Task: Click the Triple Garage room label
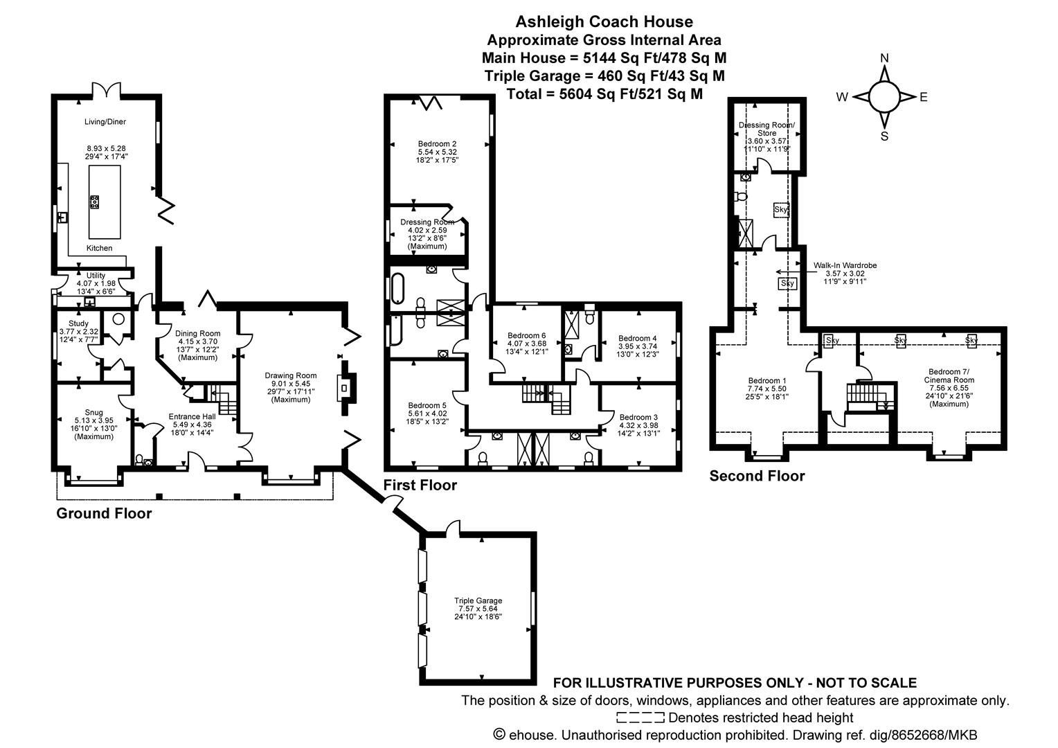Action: (478, 600)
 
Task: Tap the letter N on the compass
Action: (884, 59)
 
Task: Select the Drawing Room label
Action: (291, 376)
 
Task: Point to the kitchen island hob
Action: (95, 202)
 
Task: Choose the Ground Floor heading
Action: (104, 513)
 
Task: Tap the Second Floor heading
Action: (757, 476)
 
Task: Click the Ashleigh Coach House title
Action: (604, 22)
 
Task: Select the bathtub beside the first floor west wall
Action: (397, 289)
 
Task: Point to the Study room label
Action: (78, 323)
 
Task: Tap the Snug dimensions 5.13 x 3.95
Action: (93, 420)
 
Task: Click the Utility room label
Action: (96, 275)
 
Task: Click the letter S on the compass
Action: (884, 136)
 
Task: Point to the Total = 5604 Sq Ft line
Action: (604, 94)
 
